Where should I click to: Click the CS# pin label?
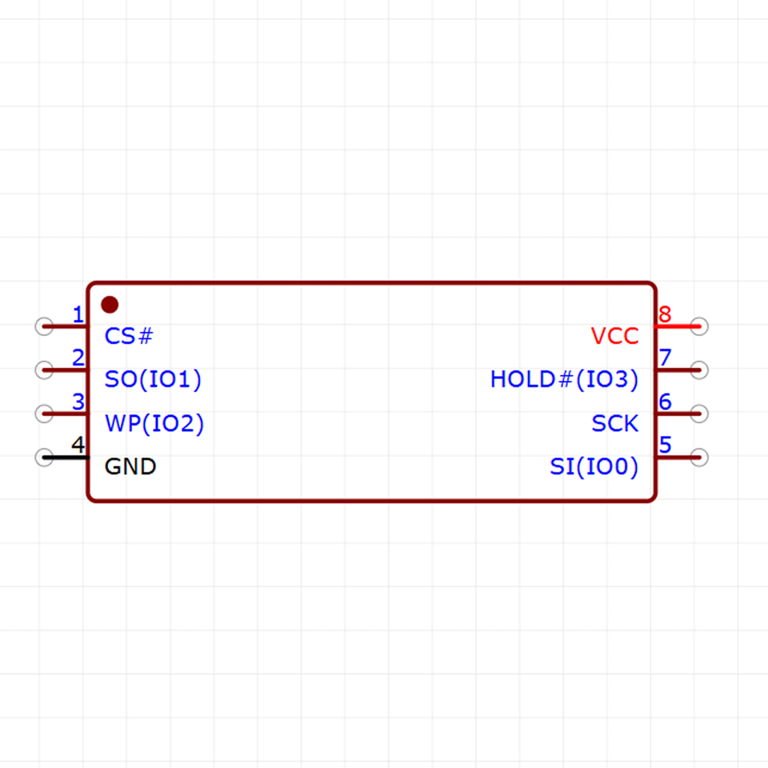tap(129, 336)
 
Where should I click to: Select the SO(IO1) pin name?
tap(153, 379)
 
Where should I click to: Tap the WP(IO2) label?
tap(154, 424)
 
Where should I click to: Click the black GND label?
tap(130, 466)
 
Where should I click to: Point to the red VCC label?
tap(614, 336)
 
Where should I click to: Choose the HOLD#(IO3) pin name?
tap(564, 379)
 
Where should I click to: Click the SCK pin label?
tap(614, 423)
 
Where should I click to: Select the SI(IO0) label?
tap(594, 466)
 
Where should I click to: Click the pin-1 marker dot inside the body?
tap(110, 305)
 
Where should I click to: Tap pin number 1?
tap(78, 314)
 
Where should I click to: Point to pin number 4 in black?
tap(78, 445)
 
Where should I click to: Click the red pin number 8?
tap(665, 314)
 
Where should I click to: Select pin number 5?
tap(665, 445)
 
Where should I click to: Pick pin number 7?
tap(665, 358)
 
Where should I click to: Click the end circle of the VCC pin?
tap(699, 326)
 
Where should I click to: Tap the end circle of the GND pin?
tap(44, 458)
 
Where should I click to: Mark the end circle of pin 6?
tap(699, 414)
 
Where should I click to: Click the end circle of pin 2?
tap(44, 370)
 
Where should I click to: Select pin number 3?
tap(78, 402)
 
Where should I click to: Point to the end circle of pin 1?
tap(44, 326)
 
